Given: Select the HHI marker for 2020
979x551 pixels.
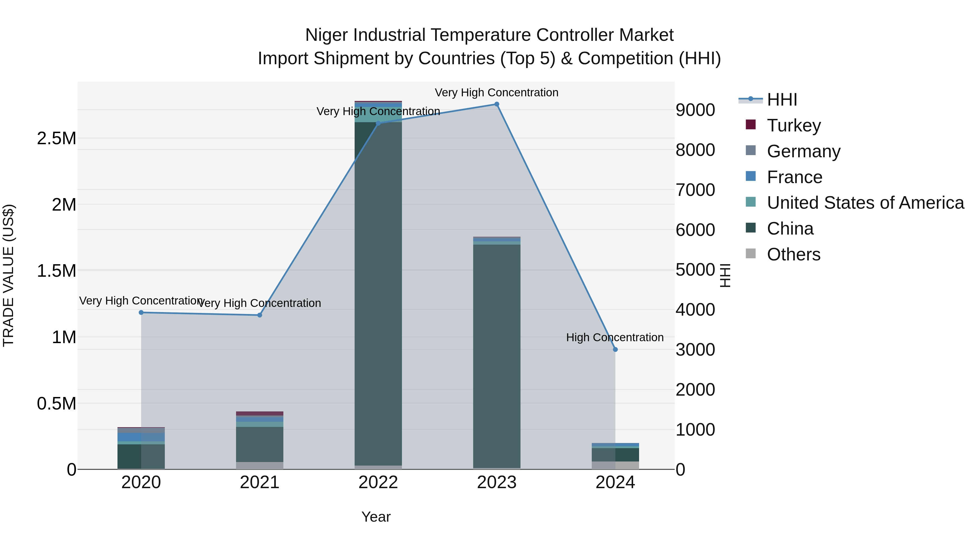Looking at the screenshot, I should click(141, 313).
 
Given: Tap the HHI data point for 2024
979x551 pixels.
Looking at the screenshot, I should click(615, 349).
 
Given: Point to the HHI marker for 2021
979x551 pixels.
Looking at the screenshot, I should click(260, 315).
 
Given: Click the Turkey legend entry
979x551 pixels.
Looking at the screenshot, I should click(794, 125).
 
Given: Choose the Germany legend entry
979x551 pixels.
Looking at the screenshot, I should click(803, 151).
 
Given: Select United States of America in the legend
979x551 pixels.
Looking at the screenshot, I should click(865, 203).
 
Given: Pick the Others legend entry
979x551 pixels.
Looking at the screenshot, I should click(793, 254).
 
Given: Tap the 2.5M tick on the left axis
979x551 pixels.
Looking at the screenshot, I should click(57, 138).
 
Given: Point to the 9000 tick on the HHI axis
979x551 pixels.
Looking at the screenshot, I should click(695, 110).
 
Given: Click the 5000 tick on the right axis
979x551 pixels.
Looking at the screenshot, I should click(695, 270).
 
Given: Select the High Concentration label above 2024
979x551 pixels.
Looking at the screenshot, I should click(615, 337).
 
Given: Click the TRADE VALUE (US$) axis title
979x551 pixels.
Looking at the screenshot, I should click(8, 275).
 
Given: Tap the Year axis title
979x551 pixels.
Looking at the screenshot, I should click(376, 517).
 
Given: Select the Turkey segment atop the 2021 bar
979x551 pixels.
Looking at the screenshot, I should click(260, 413).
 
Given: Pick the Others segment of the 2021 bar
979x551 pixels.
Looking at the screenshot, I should click(260, 466).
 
